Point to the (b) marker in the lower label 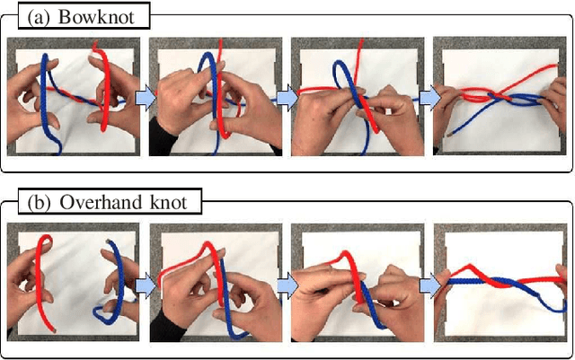[40, 201]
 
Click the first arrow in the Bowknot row [145, 99]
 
